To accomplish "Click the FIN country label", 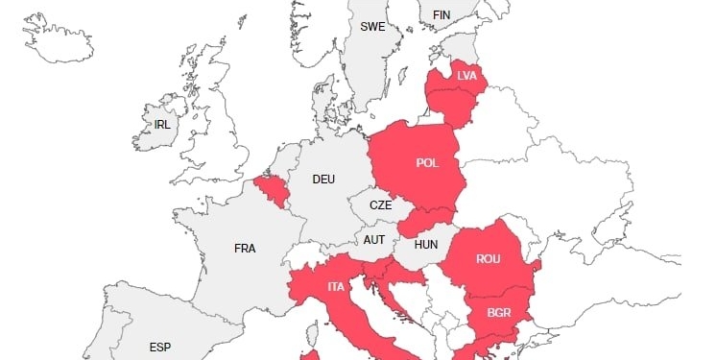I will [442, 14].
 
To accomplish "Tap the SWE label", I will [372, 27].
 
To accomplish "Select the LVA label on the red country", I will [466, 75].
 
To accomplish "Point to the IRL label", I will [162, 125].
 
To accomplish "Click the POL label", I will [427, 162].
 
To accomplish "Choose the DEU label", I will [324, 179].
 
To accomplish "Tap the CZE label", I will [381, 205].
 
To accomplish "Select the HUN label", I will [426, 244].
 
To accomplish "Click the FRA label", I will [245, 248].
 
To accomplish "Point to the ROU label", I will [489, 258].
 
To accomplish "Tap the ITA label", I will [336, 286].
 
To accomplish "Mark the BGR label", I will [499, 312].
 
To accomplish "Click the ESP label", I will [160, 347].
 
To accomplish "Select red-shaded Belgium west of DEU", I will [272, 190].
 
